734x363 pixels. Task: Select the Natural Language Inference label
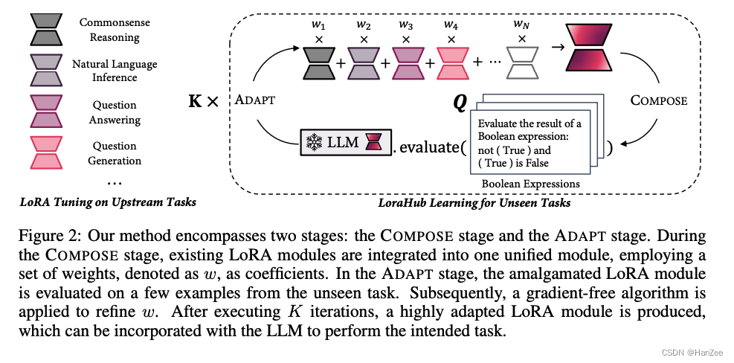point(114,71)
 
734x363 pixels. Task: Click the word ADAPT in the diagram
point(255,100)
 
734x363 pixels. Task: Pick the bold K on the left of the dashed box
point(196,100)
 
